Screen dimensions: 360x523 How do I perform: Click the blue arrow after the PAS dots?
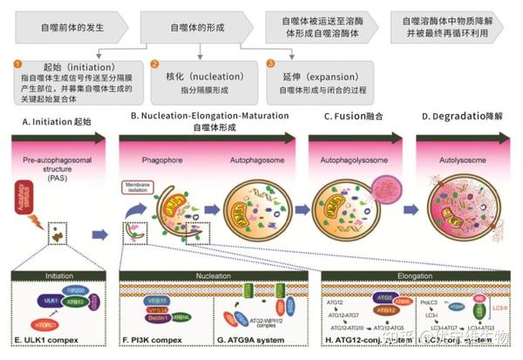point(101,233)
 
